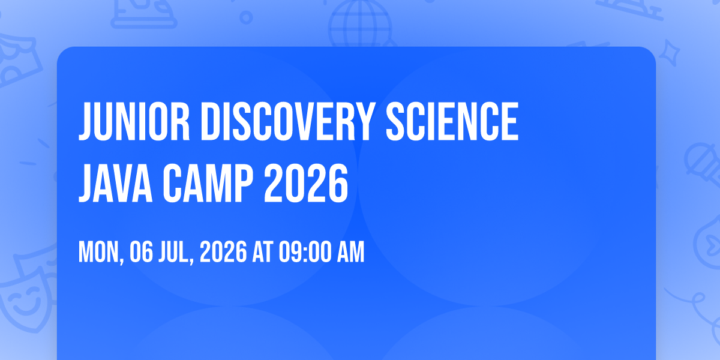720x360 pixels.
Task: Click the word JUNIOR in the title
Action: pyautogui.click(x=134, y=121)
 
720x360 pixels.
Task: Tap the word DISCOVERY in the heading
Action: pyautogui.click(x=287, y=121)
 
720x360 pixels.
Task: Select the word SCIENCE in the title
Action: pyautogui.click(x=452, y=121)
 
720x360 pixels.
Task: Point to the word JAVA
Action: pyautogui.click(x=115, y=183)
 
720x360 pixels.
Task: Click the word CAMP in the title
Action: pyautogui.click(x=208, y=183)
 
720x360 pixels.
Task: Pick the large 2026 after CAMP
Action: pyautogui.click(x=306, y=183)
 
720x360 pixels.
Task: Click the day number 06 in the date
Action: pyautogui.click(x=142, y=251)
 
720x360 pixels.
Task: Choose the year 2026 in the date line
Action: pyautogui.click(x=223, y=251)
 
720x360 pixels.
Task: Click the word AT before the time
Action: pyautogui.click(x=263, y=251)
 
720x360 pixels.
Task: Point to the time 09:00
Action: pyautogui.click(x=305, y=251)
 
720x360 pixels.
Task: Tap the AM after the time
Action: pyautogui.click(x=350, y=251)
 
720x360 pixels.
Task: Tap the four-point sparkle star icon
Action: pyautogui.click(x=669, y=53)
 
